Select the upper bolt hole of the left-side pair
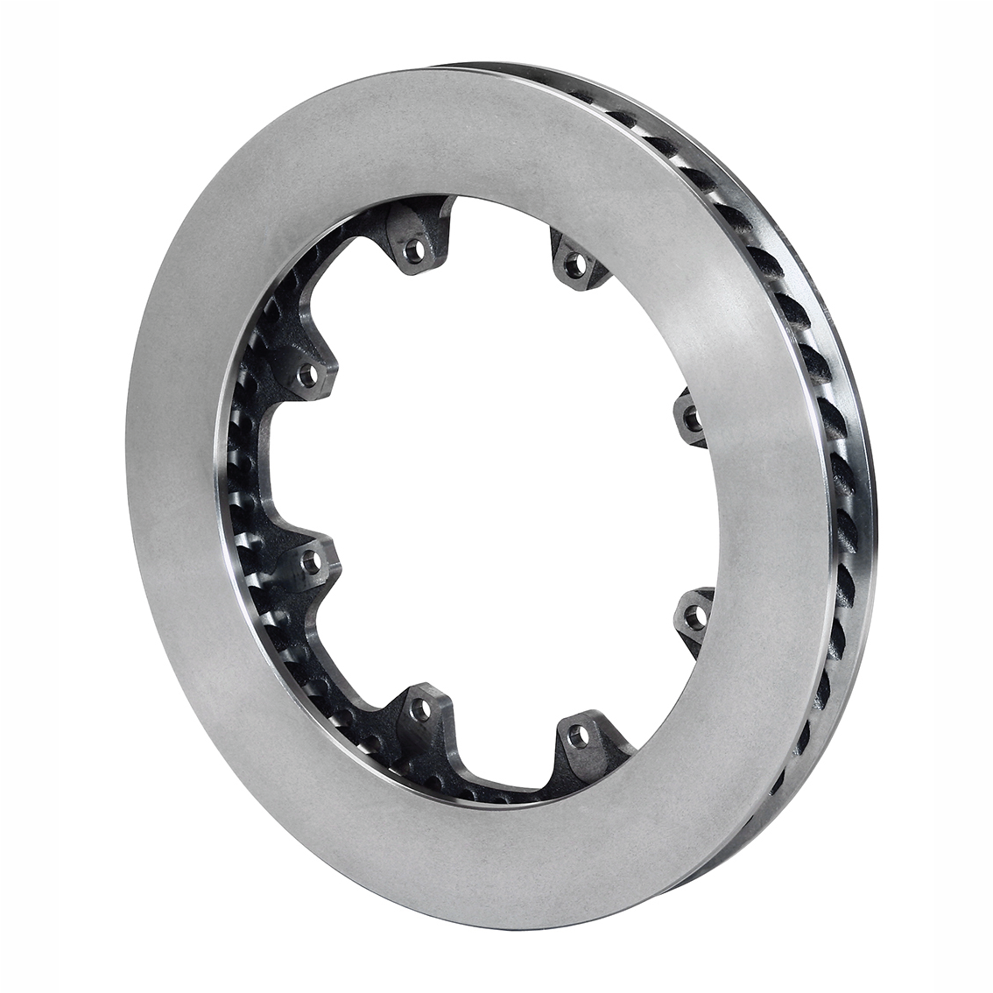click(x=307, y=377)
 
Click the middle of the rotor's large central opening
click(x=490, y=490)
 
